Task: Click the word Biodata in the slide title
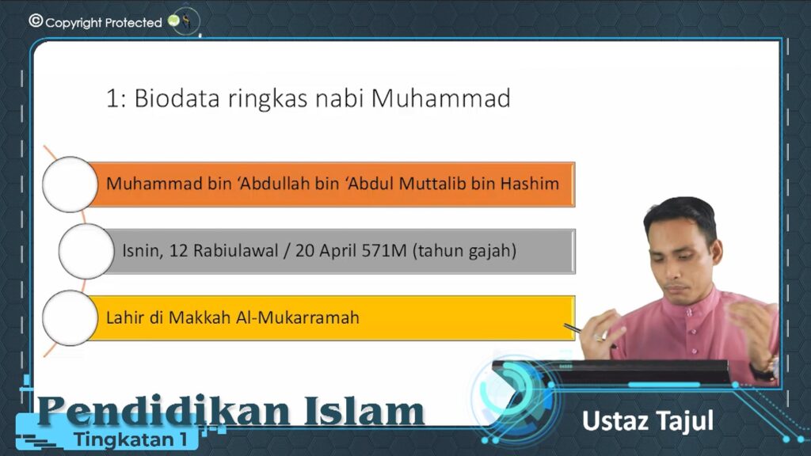(177, 98)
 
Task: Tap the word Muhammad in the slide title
(440, 98)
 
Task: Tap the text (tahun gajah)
(464, 251)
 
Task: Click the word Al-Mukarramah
(298, 317)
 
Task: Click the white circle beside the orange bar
(70, 184)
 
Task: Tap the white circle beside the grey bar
(86, 251)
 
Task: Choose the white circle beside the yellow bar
(70, 318)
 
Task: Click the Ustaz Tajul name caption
(648, 422)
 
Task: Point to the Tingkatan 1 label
(131, 439)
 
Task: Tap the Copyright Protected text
(104, 23)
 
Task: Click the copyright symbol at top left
(36, 21)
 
